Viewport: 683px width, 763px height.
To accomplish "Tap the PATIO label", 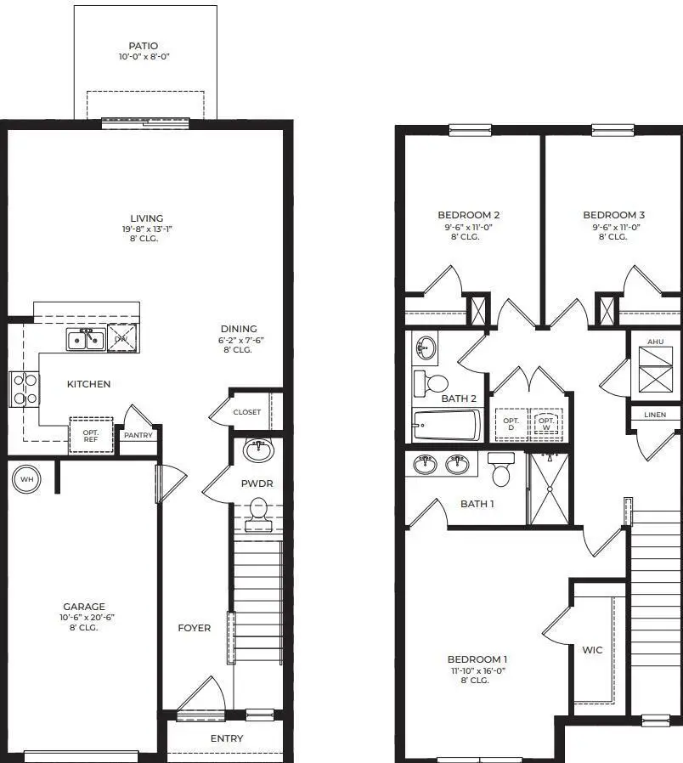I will pyautogui.click(x=144, y=46).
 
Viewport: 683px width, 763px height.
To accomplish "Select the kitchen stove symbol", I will pyautogui.click(x=24, y=389).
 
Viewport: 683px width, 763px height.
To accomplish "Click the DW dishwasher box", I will pyautogui.click(x=122, y=339).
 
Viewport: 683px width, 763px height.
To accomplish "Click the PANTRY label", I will pyautogui.click(x=138, y=435).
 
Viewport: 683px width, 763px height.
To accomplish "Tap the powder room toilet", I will pyautogui.click(x=257, y=511).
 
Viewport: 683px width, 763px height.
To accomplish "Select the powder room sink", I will pyautogui.click(x=257, y=450).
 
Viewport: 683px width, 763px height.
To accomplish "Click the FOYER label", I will pyautogui.click(x=194, y=628).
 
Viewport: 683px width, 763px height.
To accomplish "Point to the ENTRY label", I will pyautogui.click(x=227, y=738).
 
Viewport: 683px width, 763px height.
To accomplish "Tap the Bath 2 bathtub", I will pyautogui.click(x=447, y=423).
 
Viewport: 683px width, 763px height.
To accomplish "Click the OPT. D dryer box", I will pyautogui.click(x=511, y=423).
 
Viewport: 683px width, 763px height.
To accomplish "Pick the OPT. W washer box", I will pyautogui.click(x=546, y=423).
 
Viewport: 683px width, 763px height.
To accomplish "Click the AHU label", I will pyautogui.click(x=655, y=341).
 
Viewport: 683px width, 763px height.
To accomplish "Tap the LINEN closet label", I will pyautogui.click(x=655, y=415).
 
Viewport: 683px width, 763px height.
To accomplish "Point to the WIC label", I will pyautogui.click(x=592, y=650).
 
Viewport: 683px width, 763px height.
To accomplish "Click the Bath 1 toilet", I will pyautogui.click(x=501, y=472).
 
